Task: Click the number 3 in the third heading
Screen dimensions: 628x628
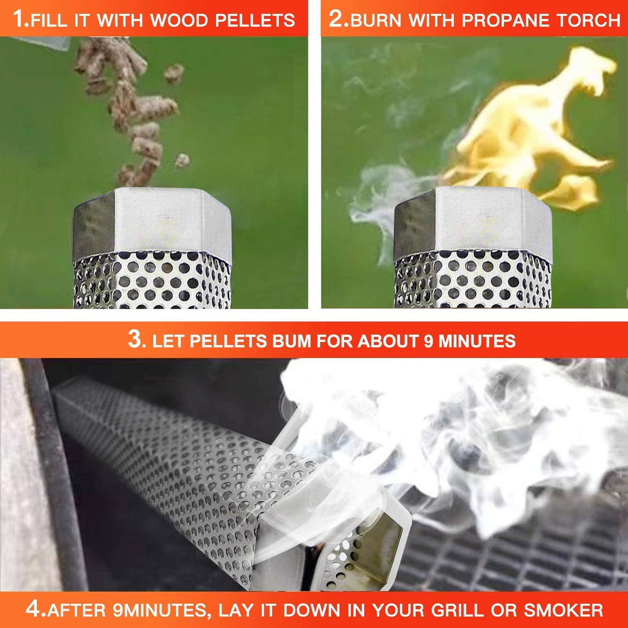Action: click(135, 340)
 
